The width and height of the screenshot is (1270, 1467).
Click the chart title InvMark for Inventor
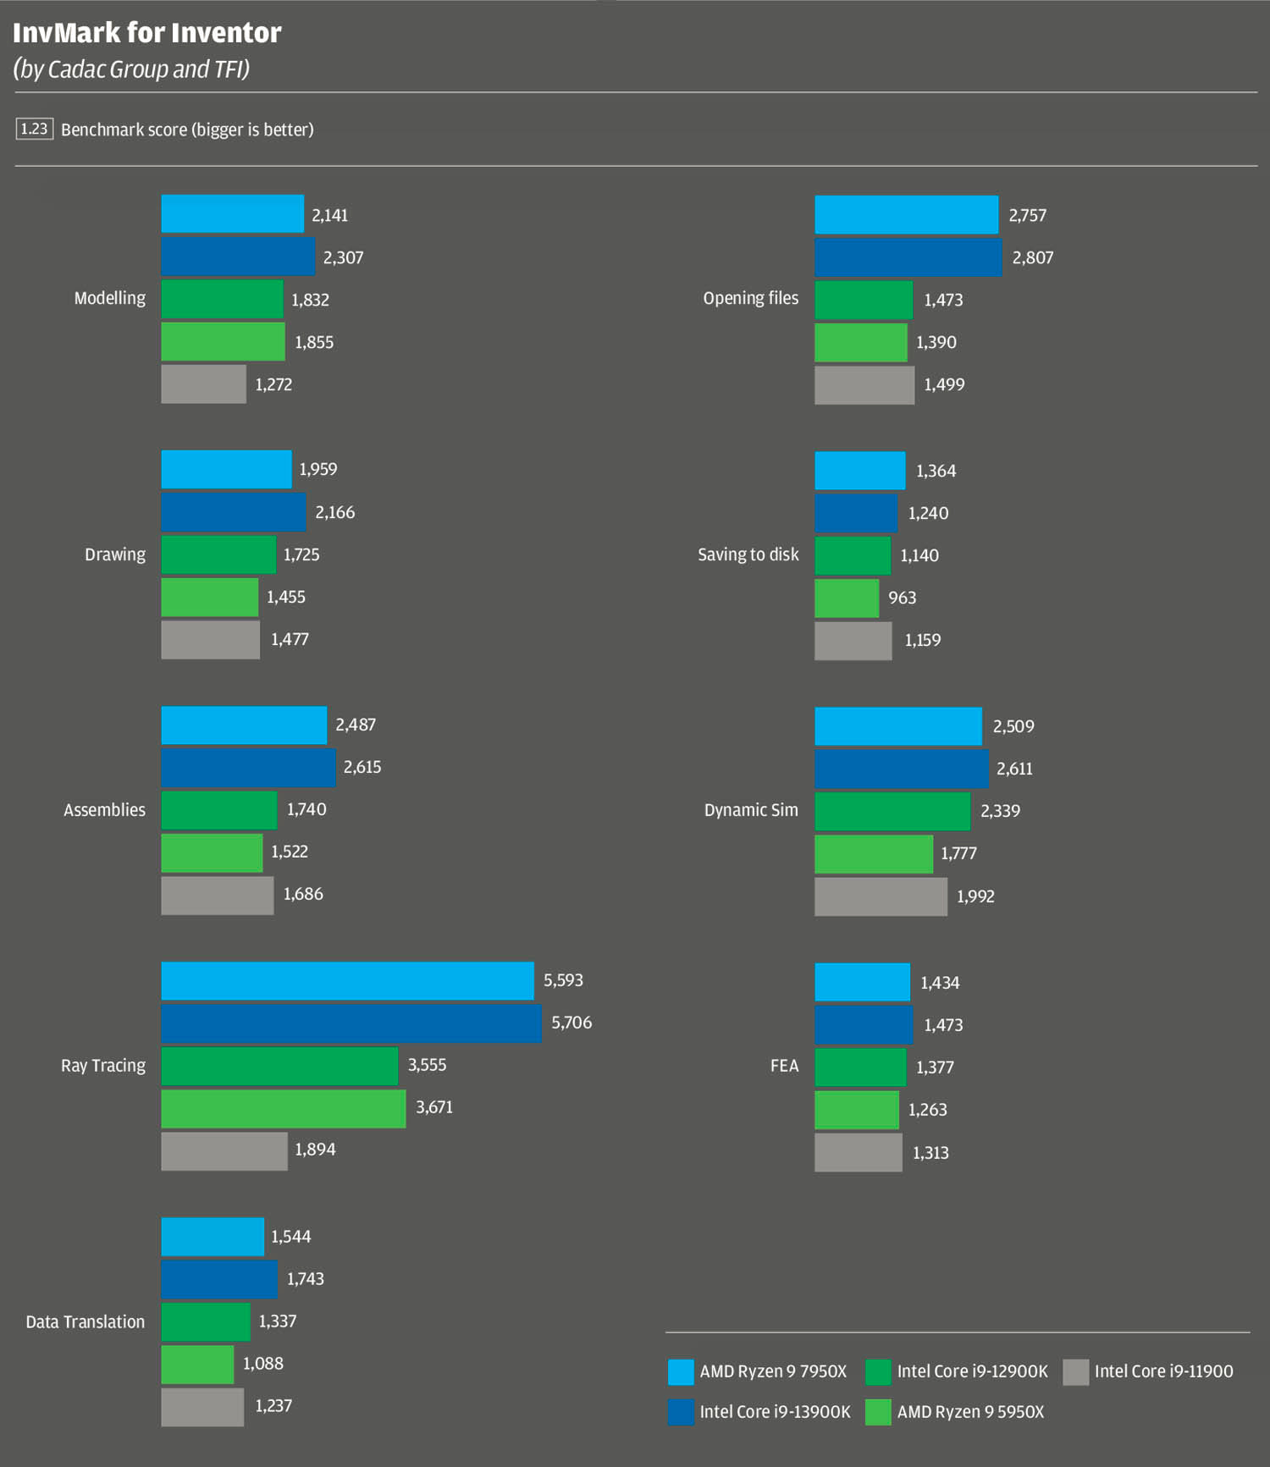click(x=147, y=33)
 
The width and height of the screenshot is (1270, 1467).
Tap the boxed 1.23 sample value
click(x=34, y=129)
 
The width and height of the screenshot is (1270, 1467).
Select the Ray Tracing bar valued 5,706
click(x=351, y=1023)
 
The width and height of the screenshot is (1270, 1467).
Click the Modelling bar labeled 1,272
click(x=203, y=384)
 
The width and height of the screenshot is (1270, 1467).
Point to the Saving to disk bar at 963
click(x=846, y=598)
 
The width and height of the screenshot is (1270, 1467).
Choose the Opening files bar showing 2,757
click(x=906, y=215)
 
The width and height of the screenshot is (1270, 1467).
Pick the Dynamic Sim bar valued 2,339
click(x=892, y=811)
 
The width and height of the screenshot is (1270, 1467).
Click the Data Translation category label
click(x=85, y=1321)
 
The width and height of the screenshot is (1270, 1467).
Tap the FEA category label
click(x=784, y=1066)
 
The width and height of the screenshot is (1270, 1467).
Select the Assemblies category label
click(x=104, y=810)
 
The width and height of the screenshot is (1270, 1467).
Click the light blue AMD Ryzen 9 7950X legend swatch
click(x=680, y=1371)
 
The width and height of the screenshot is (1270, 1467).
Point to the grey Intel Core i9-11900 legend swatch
click(x=1075, y=1371)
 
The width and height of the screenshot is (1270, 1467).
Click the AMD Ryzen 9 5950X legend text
click(x=970, y=1412)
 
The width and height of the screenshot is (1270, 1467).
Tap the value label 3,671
click(x=434, y=1107)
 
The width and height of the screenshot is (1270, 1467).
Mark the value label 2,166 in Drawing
click(x=335, y=512)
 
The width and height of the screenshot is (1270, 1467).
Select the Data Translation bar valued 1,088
click(x=197, y=1364)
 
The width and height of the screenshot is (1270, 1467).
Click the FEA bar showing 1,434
click(x=862, y=982)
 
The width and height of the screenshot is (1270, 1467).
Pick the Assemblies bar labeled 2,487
click(x=244, y=725)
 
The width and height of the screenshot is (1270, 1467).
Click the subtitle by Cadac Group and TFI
click(x=132, y=69)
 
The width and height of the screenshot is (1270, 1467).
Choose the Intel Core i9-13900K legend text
click(x=775, y=1412)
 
